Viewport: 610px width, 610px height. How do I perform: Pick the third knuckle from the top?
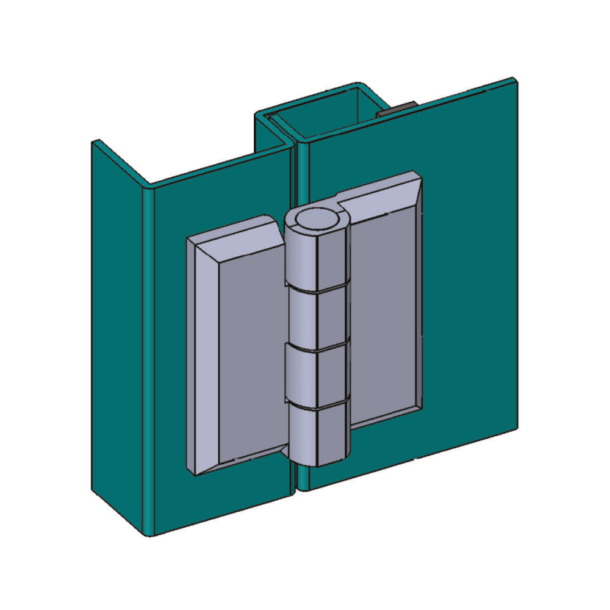point(317,375)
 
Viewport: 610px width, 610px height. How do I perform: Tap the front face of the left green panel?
point(171,366)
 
